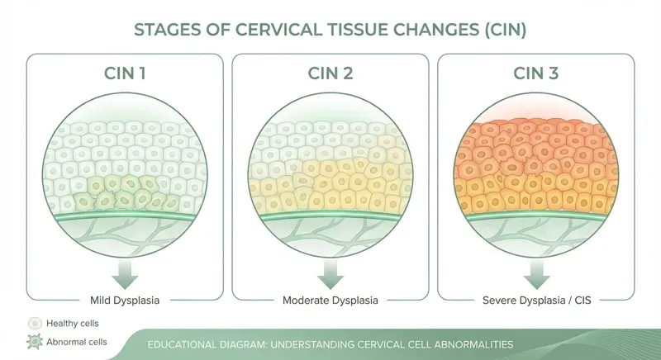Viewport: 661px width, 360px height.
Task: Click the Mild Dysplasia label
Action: [125, 298]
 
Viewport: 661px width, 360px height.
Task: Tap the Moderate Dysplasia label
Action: [330, 298]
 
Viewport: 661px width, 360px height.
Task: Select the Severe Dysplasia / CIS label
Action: [536, 298]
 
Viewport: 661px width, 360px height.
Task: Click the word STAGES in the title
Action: [166, 31]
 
